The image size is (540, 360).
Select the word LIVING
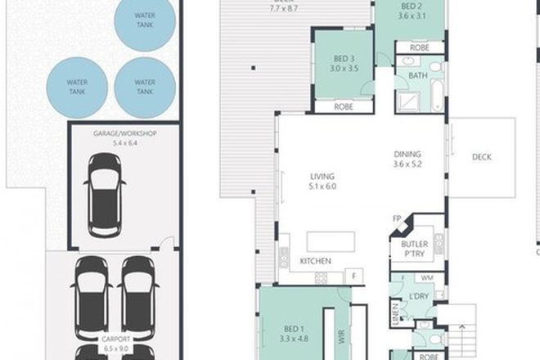pos(322,176)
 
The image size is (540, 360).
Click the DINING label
pos(407,154)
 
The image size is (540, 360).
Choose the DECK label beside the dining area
pos(483,159)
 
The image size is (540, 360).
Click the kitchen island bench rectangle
pos(331,242)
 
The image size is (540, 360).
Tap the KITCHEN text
pos(315,261)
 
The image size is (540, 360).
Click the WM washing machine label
pos(428,278)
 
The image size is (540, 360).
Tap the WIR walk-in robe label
pos(335,335)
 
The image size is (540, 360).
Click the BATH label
pos(418,75)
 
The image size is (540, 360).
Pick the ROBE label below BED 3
pos(342,106)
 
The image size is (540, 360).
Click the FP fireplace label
pos(396,219)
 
